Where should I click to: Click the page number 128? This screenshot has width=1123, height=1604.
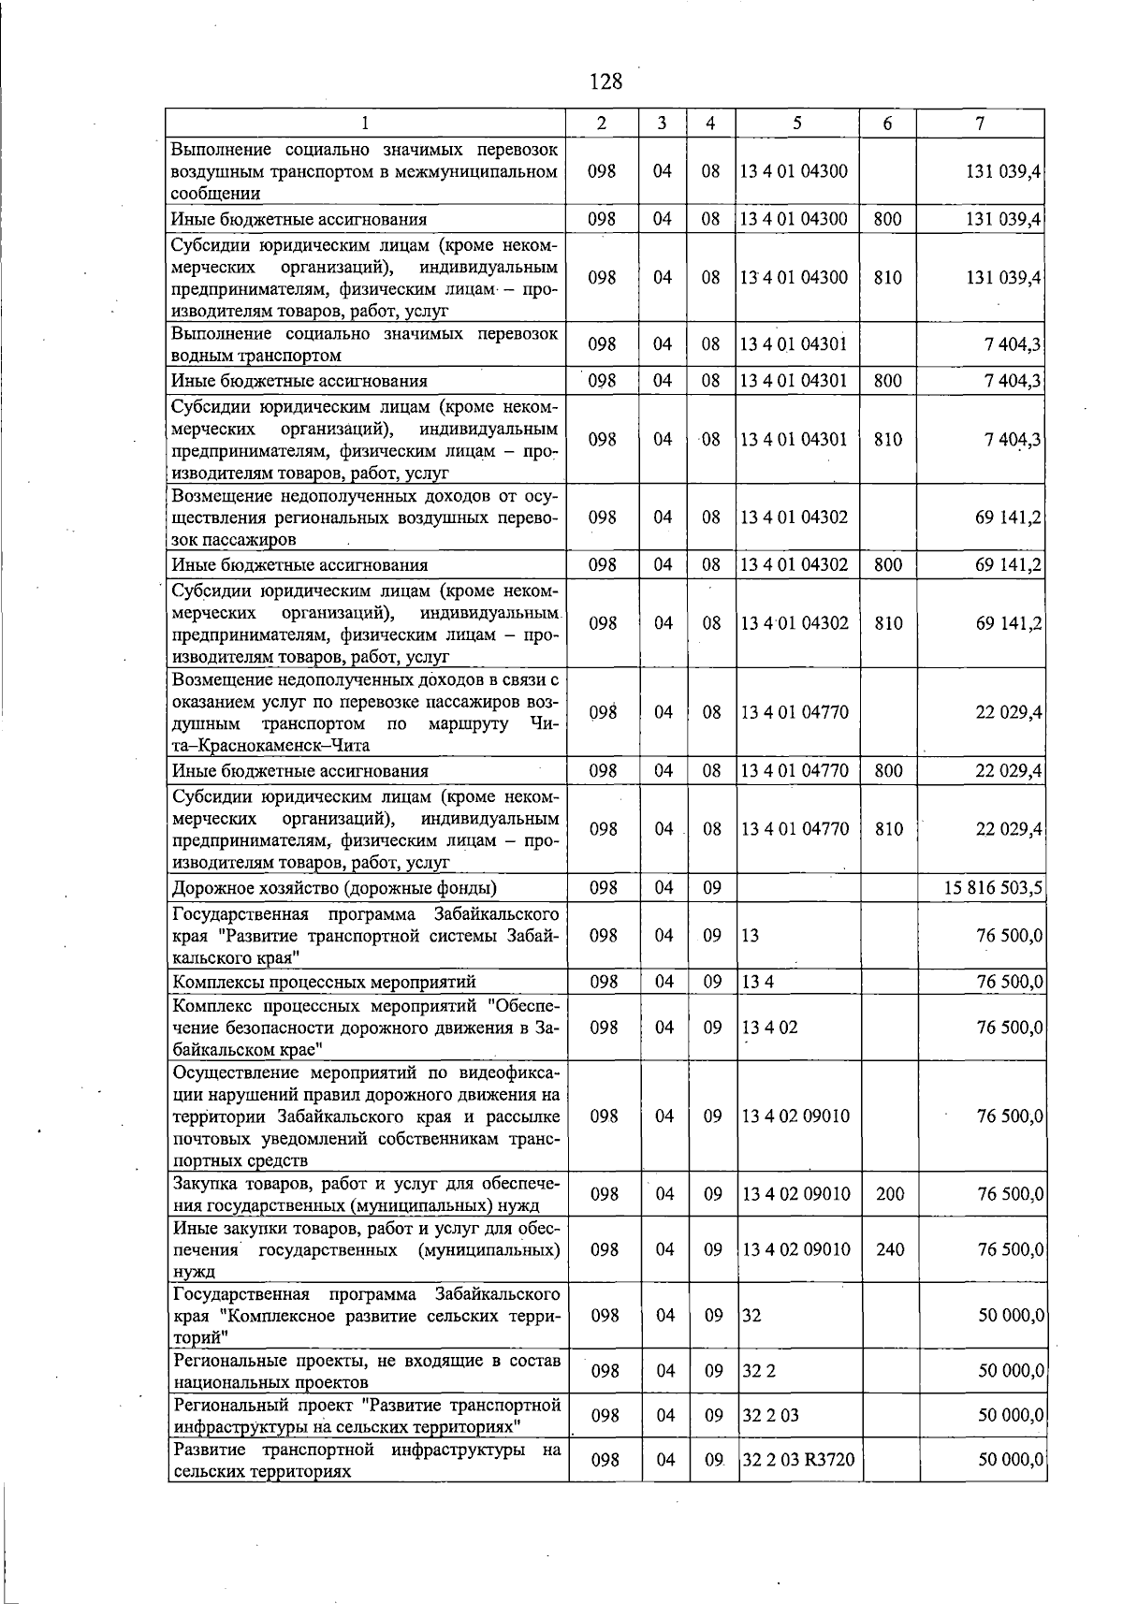click(x=605, y=81)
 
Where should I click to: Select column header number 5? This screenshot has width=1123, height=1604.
click(x=796, y=123)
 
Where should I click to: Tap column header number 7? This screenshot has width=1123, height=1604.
click(x=980, y=123)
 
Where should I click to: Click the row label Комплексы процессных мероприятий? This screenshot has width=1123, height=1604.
click(x=325, y=982)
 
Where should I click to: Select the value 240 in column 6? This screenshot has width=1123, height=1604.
click(x=890, y=1249)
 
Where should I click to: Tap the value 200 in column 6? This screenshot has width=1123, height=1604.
click(x=890, y=1194)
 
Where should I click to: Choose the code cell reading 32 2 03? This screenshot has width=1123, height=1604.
click(x=770, y=1415)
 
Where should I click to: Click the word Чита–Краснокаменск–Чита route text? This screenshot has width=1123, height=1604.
click(x=271, y=746)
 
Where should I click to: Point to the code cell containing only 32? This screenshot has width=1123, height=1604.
click(x=751, y=1315)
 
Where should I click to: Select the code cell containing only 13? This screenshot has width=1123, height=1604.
click(x=751, y=935)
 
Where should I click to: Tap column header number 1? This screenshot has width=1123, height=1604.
click(x=366, y=123)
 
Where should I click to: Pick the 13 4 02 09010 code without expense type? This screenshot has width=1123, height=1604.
click(x=795, y=1116)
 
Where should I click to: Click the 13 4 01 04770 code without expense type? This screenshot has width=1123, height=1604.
click(x=795, y=712)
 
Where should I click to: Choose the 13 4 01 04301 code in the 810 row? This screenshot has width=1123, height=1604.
click(x=794, y=439)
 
